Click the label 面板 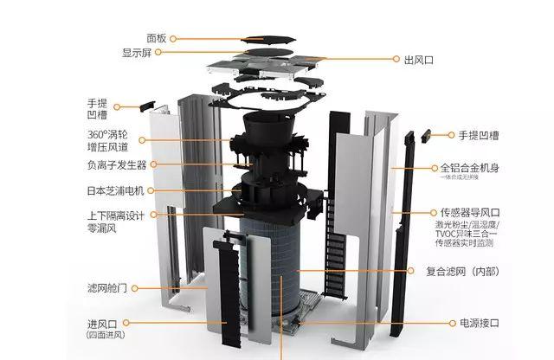pyautogui.click(x=156, y=38)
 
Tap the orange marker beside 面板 pyautogui.click(x=173, y=38)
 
